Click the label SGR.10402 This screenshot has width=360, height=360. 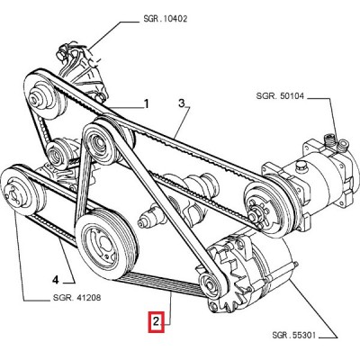(166, 19)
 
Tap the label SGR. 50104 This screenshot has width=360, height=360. (280, 96)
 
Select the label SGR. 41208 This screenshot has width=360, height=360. (76, 298)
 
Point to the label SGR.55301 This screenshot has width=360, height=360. (294, 335)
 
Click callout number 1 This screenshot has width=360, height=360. (146, 104)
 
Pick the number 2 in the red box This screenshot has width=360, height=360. (156, 322)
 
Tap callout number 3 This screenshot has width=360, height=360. (182, 103)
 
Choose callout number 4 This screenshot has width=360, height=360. (55, 280)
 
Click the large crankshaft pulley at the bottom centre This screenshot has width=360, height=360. (105, 245)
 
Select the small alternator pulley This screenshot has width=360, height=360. (209, 285)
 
